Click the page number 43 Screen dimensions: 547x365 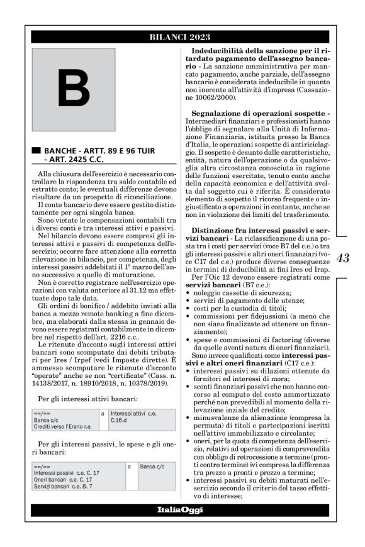click(343, 258)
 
